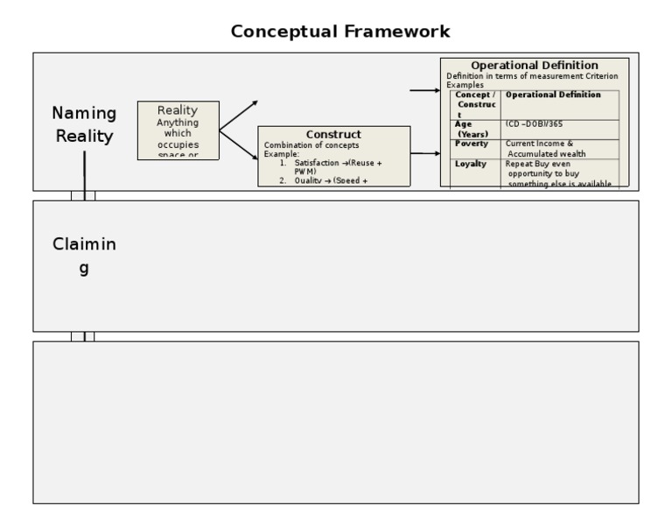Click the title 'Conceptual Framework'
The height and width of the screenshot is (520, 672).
coord(340,32)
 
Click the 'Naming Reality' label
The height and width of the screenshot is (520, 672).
coord(84,124)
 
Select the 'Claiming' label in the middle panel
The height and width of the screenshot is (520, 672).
coord(84,256)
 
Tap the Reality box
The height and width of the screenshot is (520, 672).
coord(178,130)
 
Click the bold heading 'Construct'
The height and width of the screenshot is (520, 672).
coord(333,134)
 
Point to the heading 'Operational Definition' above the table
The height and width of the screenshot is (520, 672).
coord(535,65)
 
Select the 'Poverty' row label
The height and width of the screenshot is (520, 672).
coord(472,144)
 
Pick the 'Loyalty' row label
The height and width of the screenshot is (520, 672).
coord(470,164)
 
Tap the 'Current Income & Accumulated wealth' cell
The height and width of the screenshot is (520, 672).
coord(546,148)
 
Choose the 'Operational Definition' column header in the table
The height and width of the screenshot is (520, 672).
coord(553,95)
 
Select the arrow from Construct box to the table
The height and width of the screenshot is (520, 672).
coord(425,154)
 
